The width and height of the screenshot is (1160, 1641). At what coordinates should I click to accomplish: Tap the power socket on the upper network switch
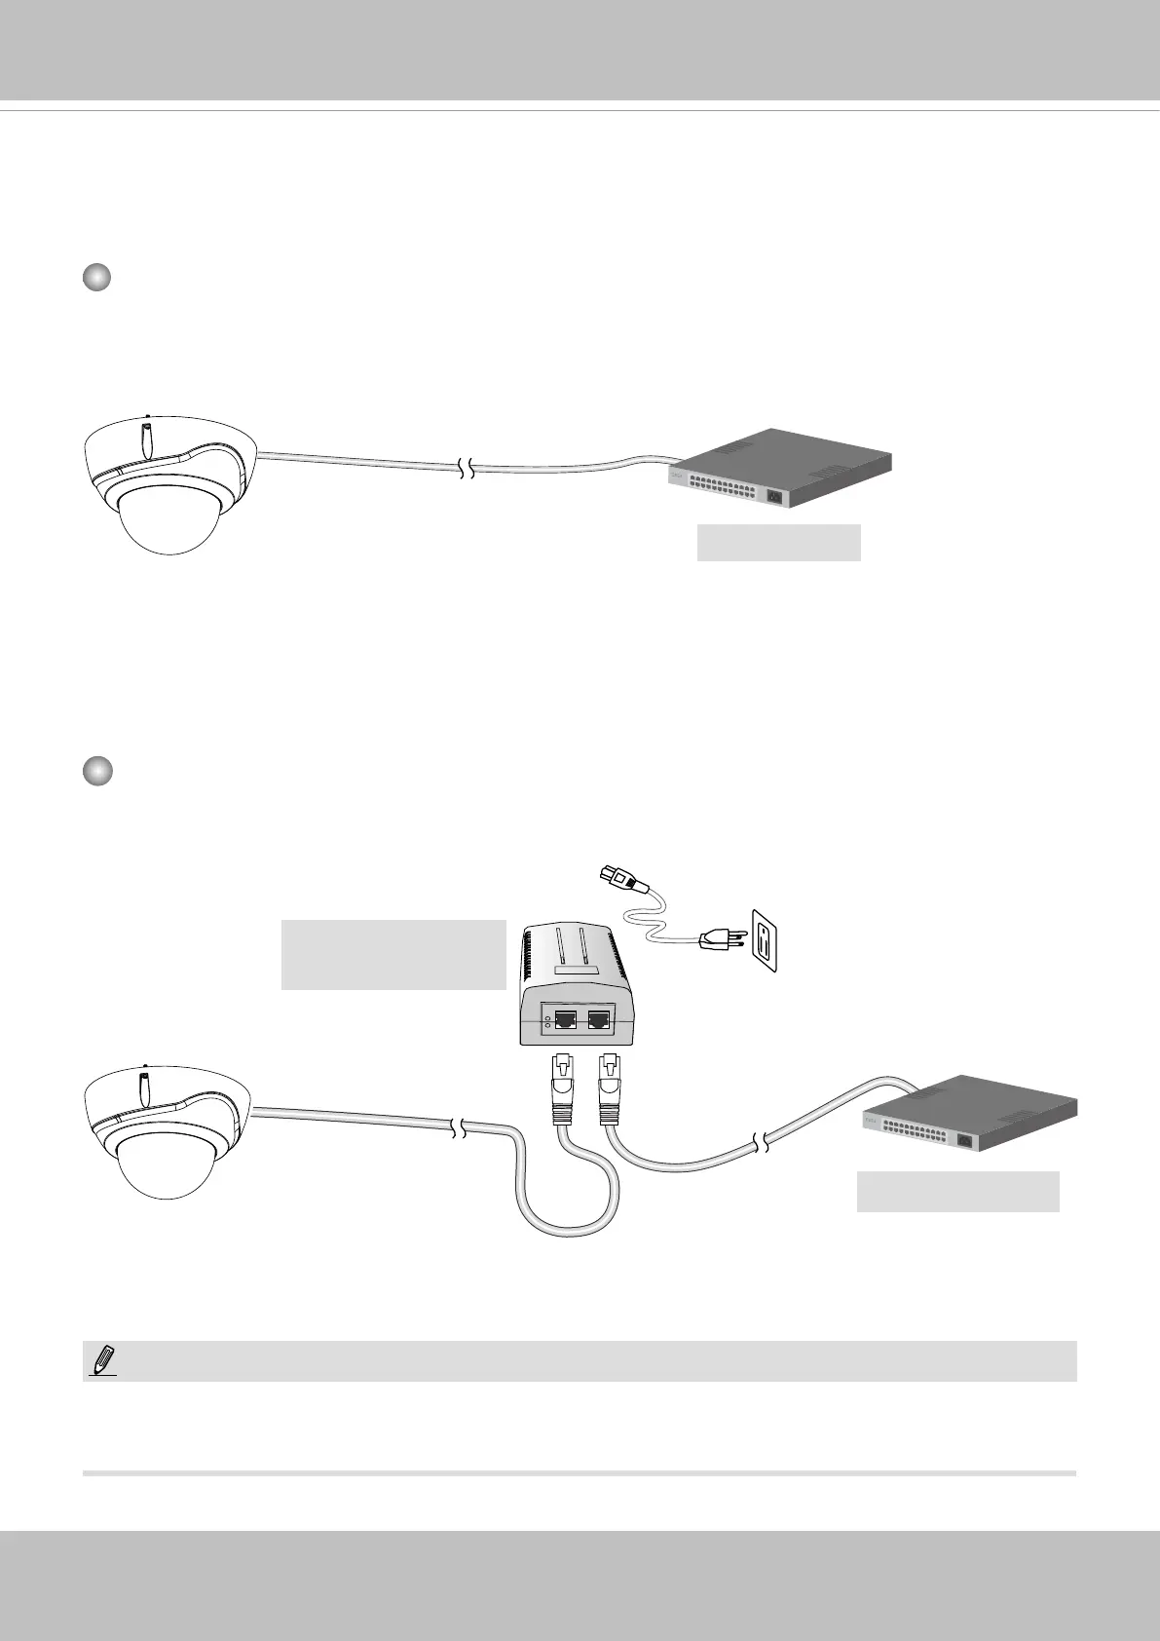(775, 496)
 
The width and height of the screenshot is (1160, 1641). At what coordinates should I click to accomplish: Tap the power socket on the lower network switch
(967, 1141)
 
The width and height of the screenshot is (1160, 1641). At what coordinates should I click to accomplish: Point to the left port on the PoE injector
(564, 1022)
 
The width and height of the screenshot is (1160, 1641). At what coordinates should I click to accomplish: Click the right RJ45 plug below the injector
(610, 1089)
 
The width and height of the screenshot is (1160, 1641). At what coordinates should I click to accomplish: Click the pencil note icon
(101, 1360)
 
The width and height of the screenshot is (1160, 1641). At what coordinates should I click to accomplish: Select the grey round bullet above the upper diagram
(96, 279)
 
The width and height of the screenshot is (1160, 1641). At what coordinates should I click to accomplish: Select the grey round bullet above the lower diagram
(96, 772)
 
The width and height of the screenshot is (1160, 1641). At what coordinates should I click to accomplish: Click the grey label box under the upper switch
(778, 543)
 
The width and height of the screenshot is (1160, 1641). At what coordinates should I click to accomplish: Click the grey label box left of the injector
(393, 955)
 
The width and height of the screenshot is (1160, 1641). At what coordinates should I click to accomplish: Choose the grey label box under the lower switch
(957, 1191)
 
